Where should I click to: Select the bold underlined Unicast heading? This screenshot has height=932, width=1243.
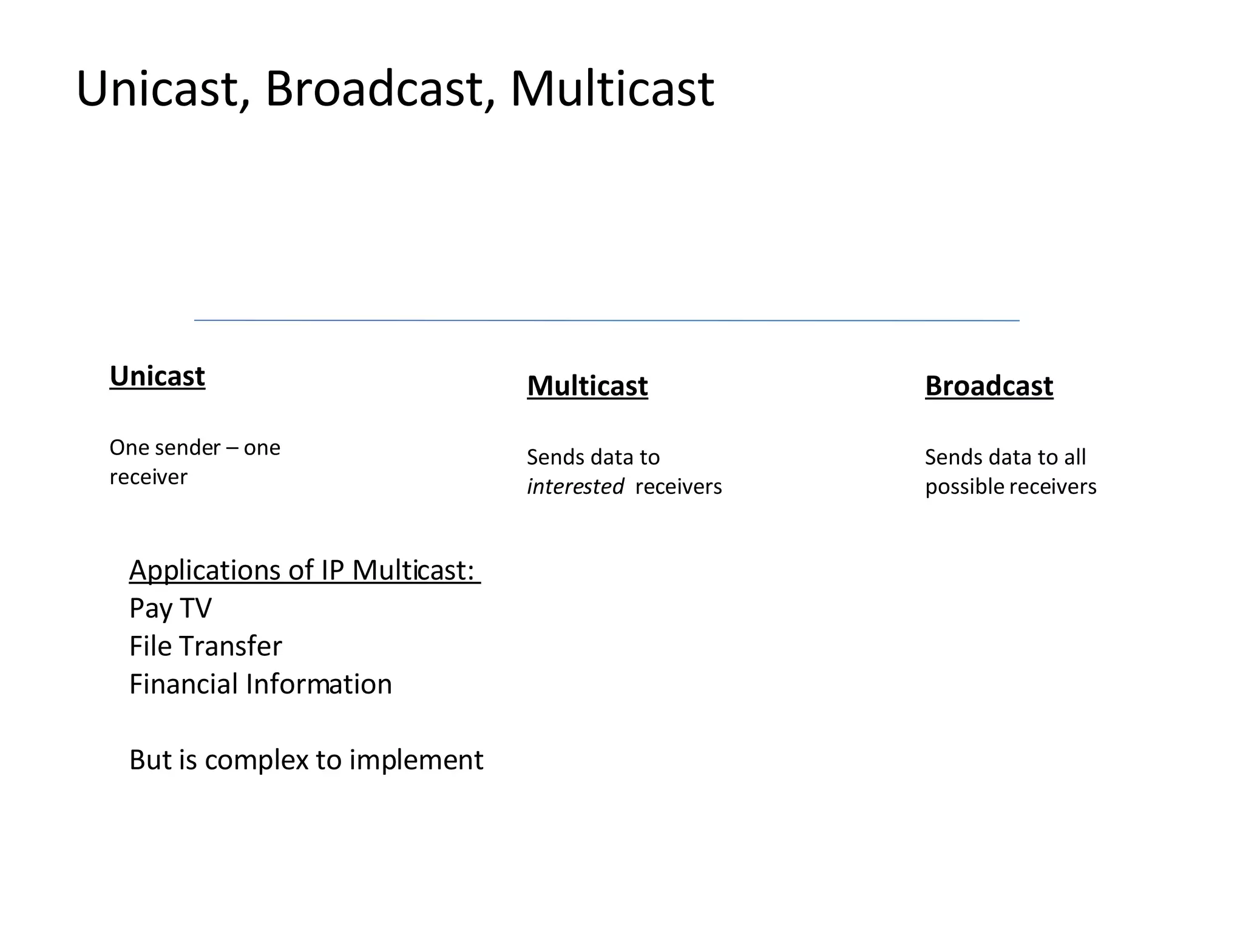[x=157, y=376]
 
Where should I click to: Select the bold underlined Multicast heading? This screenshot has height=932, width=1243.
[x=587, y=386]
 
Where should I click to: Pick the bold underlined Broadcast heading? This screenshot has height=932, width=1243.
[x=989, y=386]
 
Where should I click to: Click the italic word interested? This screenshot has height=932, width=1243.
[x=575, y=487]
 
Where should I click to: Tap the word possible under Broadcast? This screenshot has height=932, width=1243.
[x=964, y=487]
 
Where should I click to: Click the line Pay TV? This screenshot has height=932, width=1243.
[x=171, y=608]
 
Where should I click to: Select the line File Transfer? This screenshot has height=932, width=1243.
[x=205, y=646]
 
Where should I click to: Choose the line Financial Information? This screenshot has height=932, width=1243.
[x=260, y=684]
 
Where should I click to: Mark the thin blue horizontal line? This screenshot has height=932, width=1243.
[x=607, y=320]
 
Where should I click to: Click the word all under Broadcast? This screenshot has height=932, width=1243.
[x=1074, y=457]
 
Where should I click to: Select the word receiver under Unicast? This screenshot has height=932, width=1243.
[x=148, y=477]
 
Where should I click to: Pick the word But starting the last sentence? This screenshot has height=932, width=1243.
[x=150, y=760]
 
